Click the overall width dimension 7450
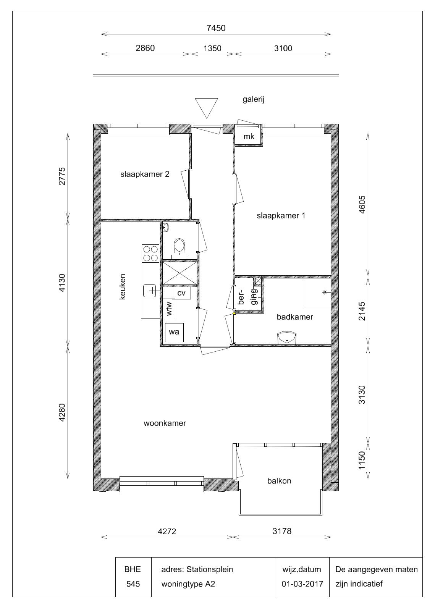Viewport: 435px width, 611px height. (x=216, y=28)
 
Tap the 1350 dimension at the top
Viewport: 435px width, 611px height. (x=212, y=48)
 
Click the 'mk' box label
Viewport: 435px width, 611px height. (x=249, y=136)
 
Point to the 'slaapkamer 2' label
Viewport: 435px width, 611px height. (x=145, y=174)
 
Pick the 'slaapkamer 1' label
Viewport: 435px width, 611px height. (x=281, y=216)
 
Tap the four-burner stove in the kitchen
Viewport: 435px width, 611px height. (x=150, y=254)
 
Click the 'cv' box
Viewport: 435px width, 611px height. (x=181, y=293)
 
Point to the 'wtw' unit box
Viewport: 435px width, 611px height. (x=169, y=309)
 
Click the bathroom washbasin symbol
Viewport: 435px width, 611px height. (x=287, y=338)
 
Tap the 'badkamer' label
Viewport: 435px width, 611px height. (x=295, y=317)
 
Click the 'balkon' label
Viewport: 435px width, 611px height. (x=279, y=481)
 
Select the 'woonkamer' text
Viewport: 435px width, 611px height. (x=165, y=423)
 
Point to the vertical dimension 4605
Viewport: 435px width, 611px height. (x=362, y=205)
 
